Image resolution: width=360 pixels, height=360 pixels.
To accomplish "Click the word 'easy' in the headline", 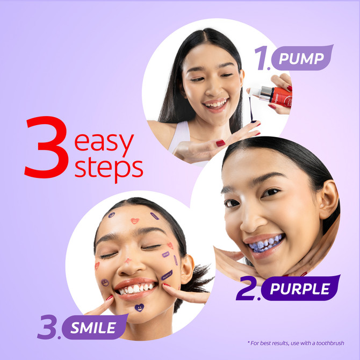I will tap(104, 142).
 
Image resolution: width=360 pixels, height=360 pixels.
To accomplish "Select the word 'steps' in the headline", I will tap(109, 167).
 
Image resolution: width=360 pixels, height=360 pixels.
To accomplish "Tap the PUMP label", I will tap(301, 58).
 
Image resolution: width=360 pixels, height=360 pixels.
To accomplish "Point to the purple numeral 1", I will tap(262, 60).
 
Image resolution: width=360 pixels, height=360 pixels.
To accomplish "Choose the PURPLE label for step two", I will tap(299, 289).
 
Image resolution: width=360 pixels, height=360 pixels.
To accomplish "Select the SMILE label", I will tap(92, 327).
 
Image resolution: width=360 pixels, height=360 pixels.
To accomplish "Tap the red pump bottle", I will tap(280, 95).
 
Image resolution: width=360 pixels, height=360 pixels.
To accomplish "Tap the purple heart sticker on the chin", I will tap(139, 308).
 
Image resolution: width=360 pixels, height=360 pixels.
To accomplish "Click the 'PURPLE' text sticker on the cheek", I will tap(167, 275).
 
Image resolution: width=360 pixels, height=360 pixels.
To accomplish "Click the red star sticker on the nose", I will tap(128, 260).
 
